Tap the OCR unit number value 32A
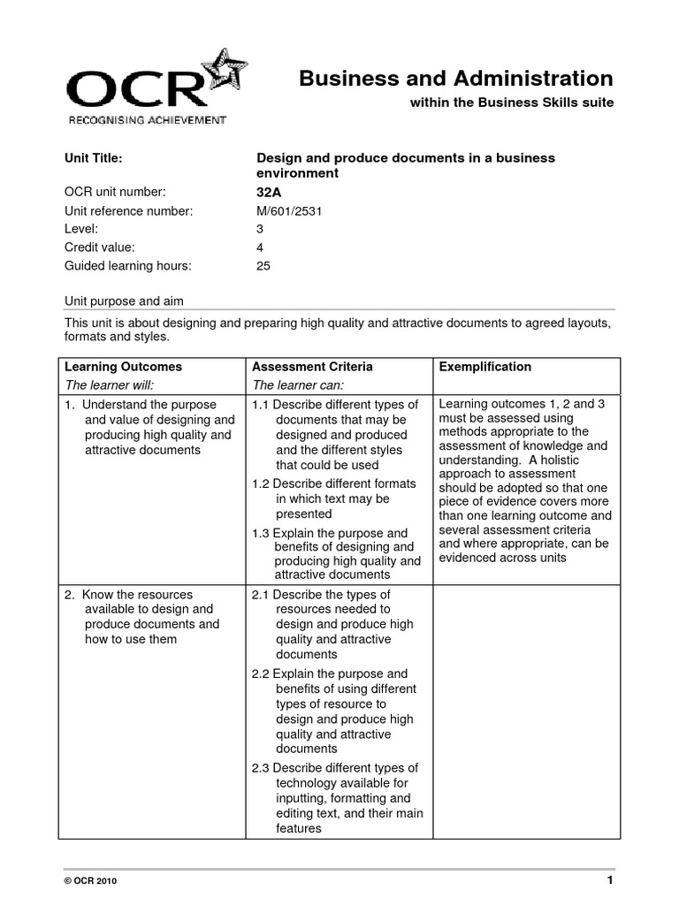click(268, 192)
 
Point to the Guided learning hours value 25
click(263, 264)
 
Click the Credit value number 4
click(259, 247)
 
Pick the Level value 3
click(259, 228)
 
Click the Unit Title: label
click(93, 158)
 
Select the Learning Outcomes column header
click(123, 367)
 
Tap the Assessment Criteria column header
click(312, 367)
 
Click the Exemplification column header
click(485, 367)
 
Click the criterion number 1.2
click(261, 483)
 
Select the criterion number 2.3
click(261, 768)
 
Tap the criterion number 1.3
click(261, 533)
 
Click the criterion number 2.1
click(261, 595)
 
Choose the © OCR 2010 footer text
click(89, 882)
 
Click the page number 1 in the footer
click(610, 881)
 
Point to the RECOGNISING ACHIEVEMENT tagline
click(147, 119)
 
